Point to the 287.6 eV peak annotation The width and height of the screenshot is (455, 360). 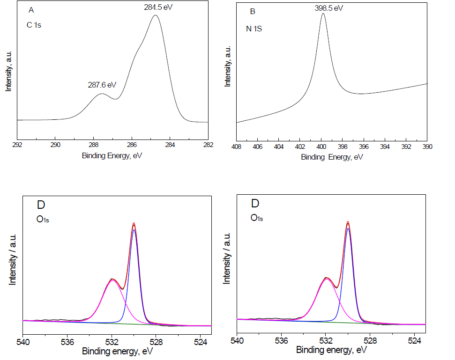tap(102, 85)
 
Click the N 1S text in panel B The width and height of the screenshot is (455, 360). tap(254, 29)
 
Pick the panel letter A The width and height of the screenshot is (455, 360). tap(31, 10)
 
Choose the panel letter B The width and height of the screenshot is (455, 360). tap(253, 11)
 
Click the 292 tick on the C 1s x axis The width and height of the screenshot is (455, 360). tap(17, 145)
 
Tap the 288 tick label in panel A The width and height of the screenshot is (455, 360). tap(94, 145)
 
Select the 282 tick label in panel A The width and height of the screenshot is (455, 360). tap(208, 145)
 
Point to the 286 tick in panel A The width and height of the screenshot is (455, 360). tap(132, 145)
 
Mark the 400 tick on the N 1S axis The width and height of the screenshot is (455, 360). tap(321, 147)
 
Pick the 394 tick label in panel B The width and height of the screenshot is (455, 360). tap(385, 147)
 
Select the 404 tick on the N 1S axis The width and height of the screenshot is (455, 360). tap(279, 147)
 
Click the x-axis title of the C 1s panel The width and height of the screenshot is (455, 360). tap(112, 155)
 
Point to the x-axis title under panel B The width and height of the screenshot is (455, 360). tap(332, 157)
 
